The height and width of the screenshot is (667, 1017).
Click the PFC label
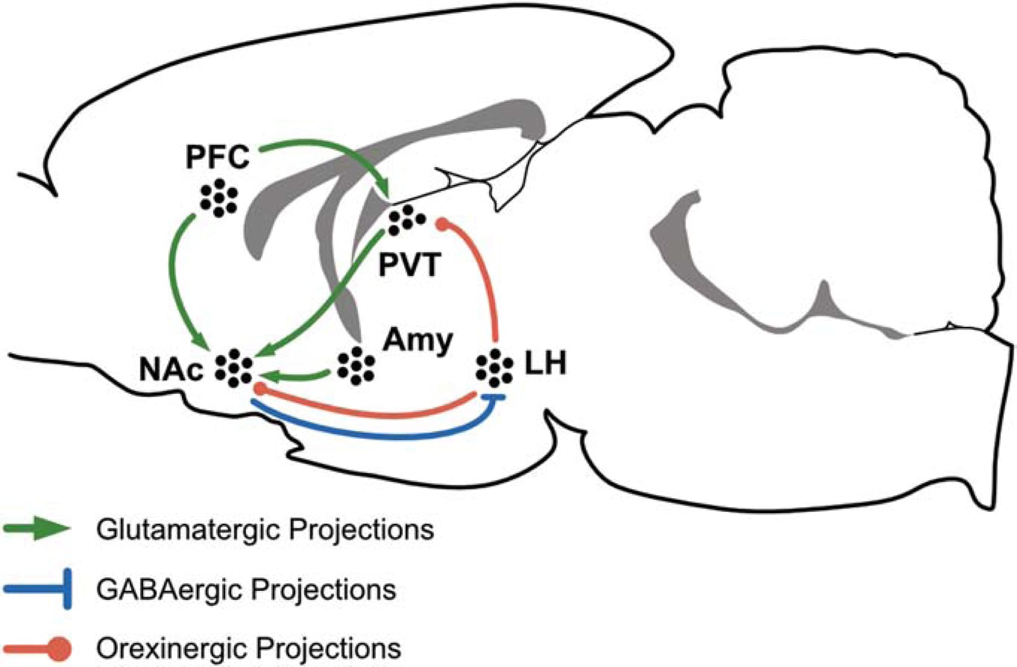218,157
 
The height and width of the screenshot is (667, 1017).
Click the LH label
545,363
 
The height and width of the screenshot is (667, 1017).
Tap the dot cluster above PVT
407,219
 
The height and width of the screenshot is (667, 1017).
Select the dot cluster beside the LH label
494,368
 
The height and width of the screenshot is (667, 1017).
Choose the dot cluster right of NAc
233,369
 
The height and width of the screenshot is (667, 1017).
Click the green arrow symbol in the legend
37,529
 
